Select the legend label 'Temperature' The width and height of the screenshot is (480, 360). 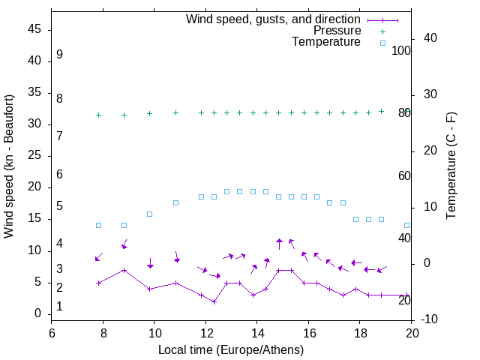[x=326, y=42]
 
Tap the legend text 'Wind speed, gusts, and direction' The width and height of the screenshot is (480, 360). [x=274, y=19]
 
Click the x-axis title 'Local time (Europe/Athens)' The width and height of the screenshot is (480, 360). [x=231, y=349]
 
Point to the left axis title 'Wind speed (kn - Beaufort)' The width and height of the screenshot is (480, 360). [x=9, y=166]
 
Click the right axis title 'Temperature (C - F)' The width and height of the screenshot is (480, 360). [x=451, y=166]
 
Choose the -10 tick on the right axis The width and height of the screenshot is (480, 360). [x=430, y=320]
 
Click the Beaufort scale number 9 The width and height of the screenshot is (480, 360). [x=59, y=55]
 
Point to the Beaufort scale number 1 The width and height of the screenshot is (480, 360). [x=59, y=307]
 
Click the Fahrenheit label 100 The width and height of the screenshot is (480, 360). [x=402, y=51]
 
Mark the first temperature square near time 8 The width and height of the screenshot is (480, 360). [x=98, y=225]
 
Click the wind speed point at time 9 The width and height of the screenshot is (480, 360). [x=124, y=270]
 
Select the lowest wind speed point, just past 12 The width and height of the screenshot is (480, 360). [x=214, y=301]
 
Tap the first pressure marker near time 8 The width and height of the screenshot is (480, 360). [x=98, y=115]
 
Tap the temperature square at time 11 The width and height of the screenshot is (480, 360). [x=175, y=202]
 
